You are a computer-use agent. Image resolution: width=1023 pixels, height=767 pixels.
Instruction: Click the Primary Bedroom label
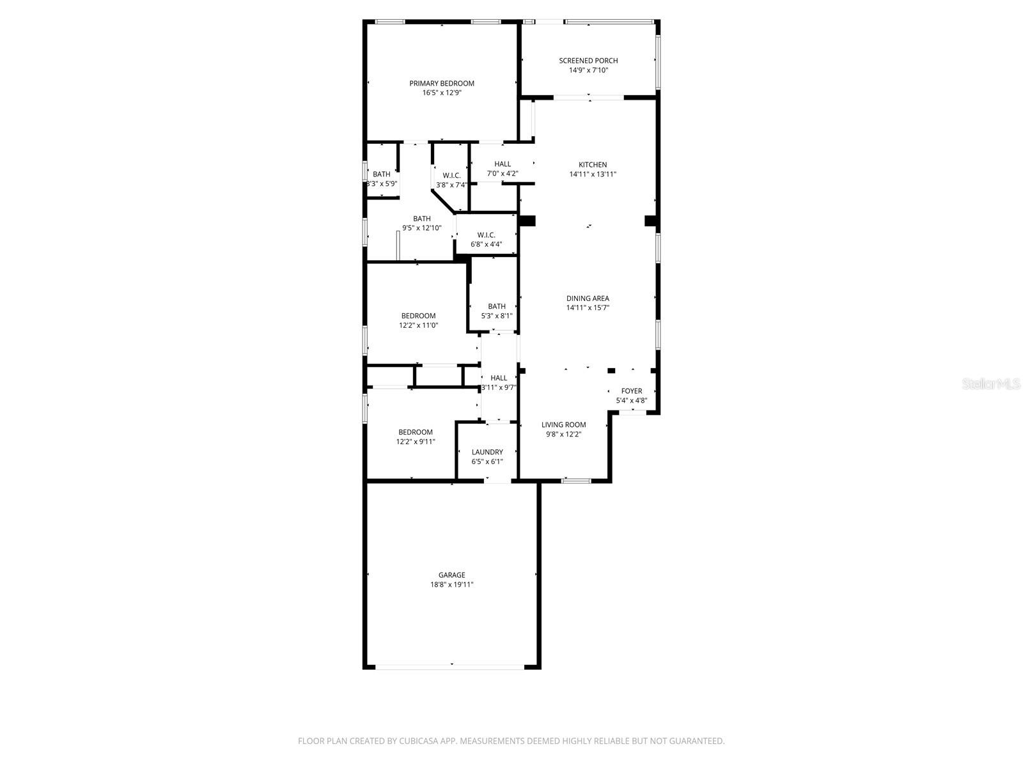pos(442,83)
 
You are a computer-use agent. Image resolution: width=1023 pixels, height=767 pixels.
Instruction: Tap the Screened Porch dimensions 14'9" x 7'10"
pos(588,70)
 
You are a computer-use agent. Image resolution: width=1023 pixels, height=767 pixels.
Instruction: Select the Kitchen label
pos(593,164)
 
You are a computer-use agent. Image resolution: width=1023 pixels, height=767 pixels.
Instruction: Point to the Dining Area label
pos(588,298)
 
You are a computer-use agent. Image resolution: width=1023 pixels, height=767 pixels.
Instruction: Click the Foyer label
pos(632,391)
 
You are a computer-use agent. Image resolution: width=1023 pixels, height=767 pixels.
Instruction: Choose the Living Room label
pos(563,424)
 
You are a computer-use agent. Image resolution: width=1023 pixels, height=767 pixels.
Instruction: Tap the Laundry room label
pos(487,452)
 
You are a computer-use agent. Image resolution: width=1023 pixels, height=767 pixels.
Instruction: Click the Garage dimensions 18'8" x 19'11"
pos(451,584)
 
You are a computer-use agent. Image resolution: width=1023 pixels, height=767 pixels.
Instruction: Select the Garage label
pos(451,575)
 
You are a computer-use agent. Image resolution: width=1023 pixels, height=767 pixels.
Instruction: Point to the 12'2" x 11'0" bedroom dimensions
pos(418,325)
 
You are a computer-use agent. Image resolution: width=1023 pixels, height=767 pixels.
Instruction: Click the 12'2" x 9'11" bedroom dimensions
pos(416,442)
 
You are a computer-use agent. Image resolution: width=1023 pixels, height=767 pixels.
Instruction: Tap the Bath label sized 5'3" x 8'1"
pos(497,306)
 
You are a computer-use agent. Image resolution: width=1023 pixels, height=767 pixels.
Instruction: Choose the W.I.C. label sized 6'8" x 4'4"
pos(486,235)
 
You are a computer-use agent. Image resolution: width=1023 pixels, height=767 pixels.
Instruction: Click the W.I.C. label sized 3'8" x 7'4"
pos(451,175)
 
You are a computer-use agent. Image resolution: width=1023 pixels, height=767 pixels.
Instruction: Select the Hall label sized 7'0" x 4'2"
pos(503,164)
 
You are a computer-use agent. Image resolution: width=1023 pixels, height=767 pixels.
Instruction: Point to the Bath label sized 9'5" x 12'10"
pos(421,219)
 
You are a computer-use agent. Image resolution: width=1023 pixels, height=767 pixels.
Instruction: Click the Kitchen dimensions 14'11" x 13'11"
pos(593,174)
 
